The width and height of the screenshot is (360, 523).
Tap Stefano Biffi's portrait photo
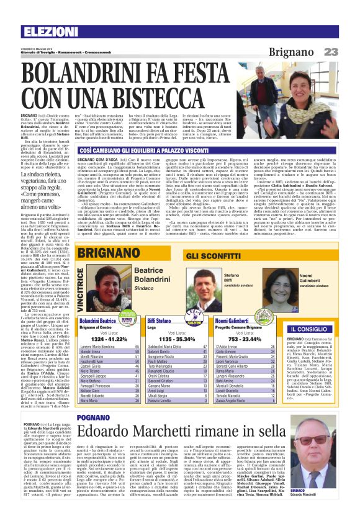click(204, 278)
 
